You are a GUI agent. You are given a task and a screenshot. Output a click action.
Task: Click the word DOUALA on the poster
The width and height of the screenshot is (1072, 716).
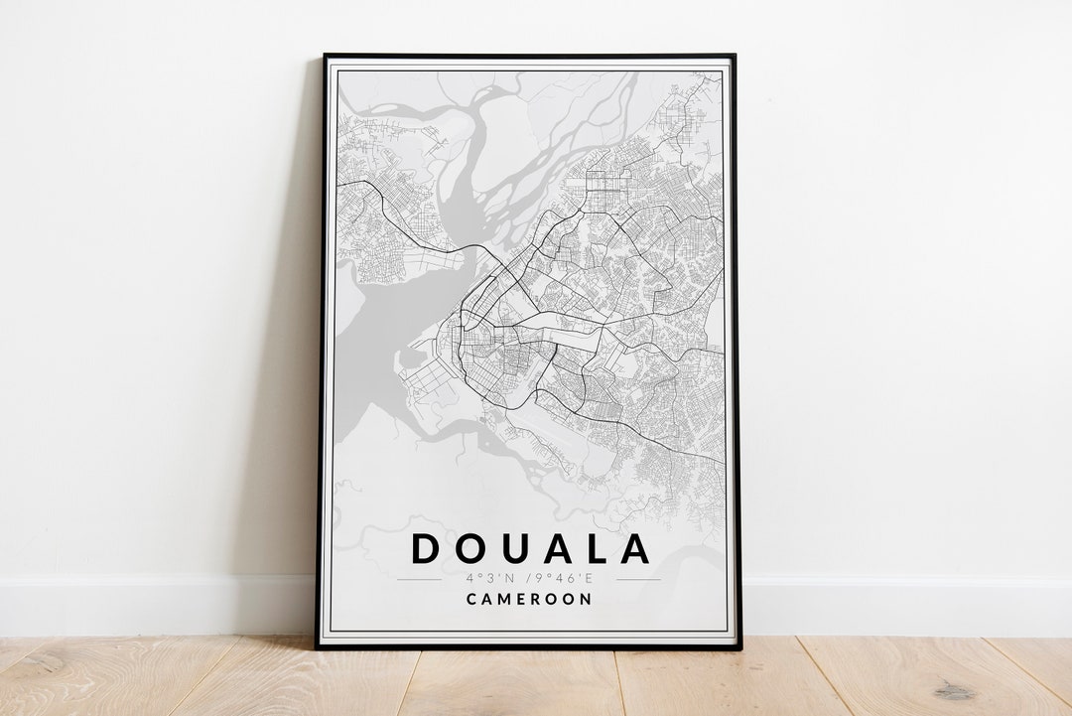pos(531,549)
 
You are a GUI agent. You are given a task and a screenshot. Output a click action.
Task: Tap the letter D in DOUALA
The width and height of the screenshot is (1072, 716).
pos(427,549)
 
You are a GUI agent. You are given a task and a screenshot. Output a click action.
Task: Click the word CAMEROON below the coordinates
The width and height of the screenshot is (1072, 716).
pos(530,599)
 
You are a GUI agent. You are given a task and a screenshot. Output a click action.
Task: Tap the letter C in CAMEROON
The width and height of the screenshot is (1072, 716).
pos(471,599)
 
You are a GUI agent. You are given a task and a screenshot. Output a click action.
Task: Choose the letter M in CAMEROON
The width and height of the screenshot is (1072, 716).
pos(505,599)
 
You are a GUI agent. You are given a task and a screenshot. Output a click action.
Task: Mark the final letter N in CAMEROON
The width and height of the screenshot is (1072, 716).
pos(587,599)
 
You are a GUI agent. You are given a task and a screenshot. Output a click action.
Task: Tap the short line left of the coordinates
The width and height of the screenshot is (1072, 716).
pos(419,579)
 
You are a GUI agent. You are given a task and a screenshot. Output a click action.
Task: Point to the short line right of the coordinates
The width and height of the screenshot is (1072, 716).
pos(638,579)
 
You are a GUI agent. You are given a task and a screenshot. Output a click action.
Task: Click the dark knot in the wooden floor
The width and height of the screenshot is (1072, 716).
pos(954,690)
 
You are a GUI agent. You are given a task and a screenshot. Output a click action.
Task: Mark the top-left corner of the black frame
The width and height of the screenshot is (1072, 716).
pos(325,56)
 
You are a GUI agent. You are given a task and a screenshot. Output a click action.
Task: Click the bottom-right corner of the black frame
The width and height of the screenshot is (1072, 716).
pos(739,648)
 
